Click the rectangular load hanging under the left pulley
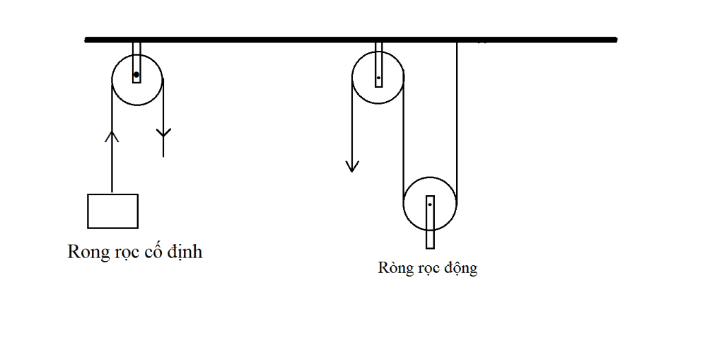[x=112, y=211]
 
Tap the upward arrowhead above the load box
[x=112, y=135]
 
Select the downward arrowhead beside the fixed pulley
[x=163, y=133]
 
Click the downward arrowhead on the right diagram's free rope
[x=352, y=166]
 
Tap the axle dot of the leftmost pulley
[x=136, y=74]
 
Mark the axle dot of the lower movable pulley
[x=429, y=204]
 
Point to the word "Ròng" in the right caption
[x=394, y=268]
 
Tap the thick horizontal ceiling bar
[x=283, y=40]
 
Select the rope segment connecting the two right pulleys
[x=403, y=141]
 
